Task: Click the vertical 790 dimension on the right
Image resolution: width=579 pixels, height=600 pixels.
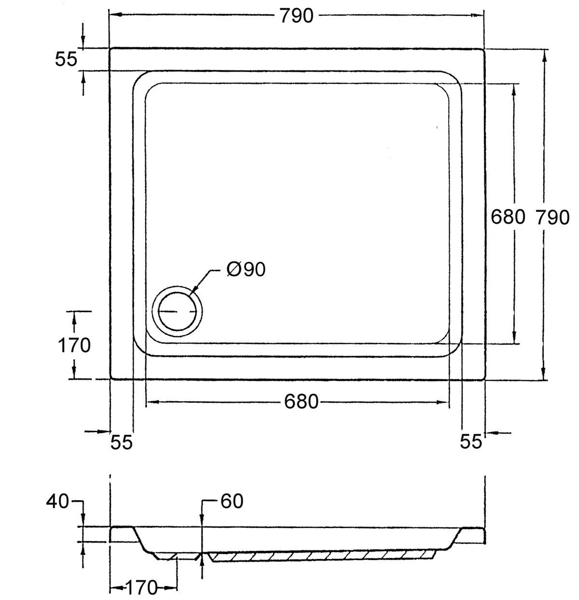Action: pos(552,217)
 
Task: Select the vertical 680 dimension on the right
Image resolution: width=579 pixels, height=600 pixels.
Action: pos(507,217)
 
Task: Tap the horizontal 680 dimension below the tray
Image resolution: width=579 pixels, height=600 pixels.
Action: pos(301,401)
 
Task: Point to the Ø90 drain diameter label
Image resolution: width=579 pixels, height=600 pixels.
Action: pos(246,269)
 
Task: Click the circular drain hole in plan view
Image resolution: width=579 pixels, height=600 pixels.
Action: pos(177,311)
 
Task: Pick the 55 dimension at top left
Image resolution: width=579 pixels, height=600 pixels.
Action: pos(66,59)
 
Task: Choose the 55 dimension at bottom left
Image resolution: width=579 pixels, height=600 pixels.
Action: pos(121,442)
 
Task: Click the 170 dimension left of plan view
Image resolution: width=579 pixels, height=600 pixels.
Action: pos(74,345)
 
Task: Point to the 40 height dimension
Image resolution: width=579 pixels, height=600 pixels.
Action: pos(58,502)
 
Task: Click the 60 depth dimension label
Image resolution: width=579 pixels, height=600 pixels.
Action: pos(232,502)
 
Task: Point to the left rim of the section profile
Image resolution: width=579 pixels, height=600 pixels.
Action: pos(122,534)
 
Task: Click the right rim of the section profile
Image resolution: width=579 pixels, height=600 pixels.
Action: pos(473,534)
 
